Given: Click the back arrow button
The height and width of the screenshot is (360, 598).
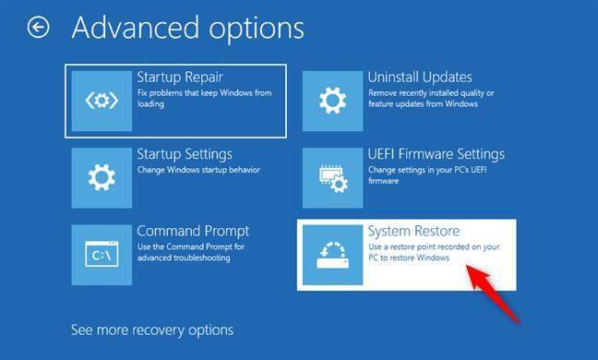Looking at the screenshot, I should click(39, 28).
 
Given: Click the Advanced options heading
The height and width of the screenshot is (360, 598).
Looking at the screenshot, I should click(187, 28).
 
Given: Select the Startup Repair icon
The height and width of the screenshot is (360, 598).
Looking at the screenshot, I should click(102, 99).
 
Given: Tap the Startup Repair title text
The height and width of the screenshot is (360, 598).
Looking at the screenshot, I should click(179, 77).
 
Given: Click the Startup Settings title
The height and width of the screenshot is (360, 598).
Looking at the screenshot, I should click(184, 154).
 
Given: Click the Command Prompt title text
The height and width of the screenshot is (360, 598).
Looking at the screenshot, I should click(193, 231).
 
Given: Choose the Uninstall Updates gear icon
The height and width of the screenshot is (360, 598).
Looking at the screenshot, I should click(332, 99).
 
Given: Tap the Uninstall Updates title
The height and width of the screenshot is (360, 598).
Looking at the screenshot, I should click(420, 77).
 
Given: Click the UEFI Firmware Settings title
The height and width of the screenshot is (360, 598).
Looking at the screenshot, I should click(436, 154).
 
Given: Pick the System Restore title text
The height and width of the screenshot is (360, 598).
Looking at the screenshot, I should click(413, 231).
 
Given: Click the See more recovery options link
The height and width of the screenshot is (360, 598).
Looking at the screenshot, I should click(152, 330).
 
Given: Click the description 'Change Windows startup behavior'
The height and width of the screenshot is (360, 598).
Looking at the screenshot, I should click(197, 170).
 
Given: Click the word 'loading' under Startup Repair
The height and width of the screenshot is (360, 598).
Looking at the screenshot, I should click(150, 104).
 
